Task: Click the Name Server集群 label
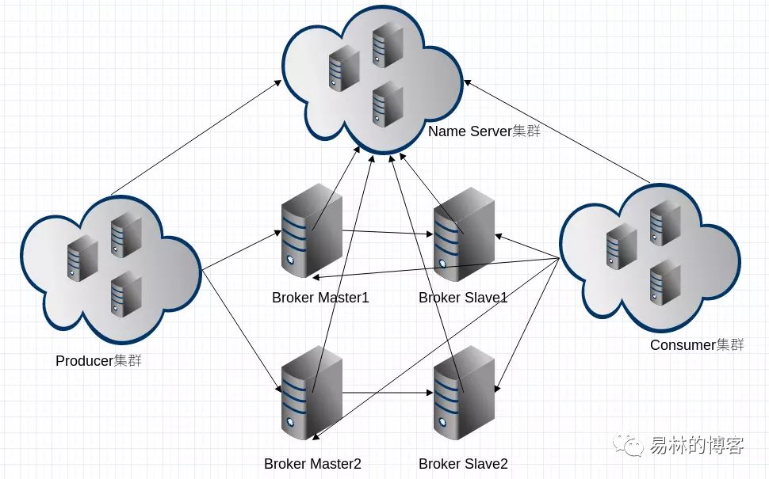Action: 484,131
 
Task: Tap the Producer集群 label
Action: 98,361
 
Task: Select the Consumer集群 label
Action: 697,345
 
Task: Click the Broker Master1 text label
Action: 320,297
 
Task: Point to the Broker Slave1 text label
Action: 463,297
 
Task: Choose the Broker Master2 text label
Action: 312,464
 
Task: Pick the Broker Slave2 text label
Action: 463,464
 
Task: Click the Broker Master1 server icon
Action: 312,230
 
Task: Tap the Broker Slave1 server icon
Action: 464,234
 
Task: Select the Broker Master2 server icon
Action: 312,393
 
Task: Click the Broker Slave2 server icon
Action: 464,393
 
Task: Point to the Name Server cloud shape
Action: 373,79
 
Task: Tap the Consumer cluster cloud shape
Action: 650,258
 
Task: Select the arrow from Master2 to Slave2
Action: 388,393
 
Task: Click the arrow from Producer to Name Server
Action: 196,137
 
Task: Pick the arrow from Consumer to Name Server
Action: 557,131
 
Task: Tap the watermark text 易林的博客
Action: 697,445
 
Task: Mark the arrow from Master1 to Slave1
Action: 388,232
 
